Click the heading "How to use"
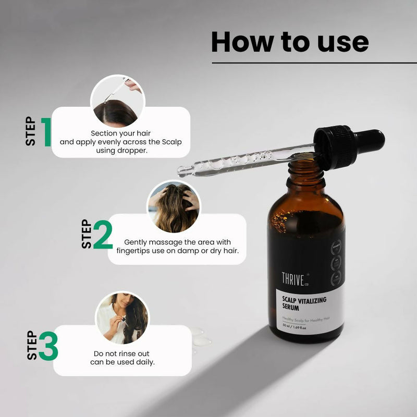click(290, 42)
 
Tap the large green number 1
click(46, 131)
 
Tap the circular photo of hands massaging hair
click(174, 206)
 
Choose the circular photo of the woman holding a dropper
click(122, 317)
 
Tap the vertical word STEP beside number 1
click(31, 131)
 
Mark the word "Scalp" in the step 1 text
click(170, 142)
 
